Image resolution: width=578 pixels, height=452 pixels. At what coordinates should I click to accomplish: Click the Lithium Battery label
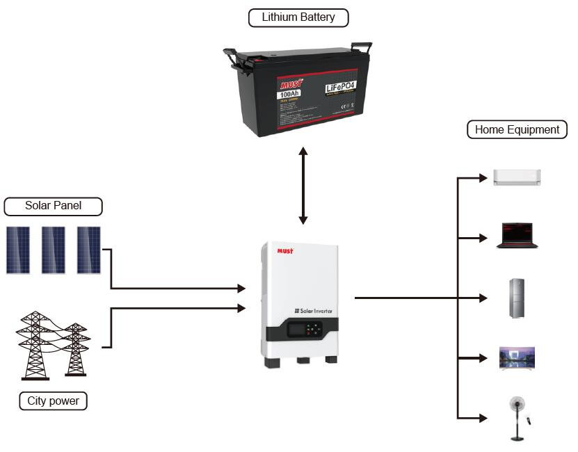pos(298,17)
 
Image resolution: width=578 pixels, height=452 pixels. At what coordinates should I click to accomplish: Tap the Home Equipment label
pos(517,129)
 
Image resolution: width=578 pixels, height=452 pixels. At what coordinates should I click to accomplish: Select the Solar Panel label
pos(53,206)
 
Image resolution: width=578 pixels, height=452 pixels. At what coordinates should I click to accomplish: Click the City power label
pos(53,401)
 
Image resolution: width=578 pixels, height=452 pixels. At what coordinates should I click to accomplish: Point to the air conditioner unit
pos(517,177)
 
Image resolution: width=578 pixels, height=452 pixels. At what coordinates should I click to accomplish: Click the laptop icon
pos(516,236)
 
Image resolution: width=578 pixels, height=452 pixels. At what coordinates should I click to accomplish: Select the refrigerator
pos(516,298)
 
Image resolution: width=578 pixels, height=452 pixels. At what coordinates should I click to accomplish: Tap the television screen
pos(517,357)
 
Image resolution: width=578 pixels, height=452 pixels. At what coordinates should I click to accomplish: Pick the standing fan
pos(516,417)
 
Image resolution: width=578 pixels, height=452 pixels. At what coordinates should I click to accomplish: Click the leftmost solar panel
pos(19,250)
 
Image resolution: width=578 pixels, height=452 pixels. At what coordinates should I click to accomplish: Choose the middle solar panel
pos(54,250)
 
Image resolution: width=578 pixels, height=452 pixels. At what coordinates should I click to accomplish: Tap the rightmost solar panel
pos(88,250)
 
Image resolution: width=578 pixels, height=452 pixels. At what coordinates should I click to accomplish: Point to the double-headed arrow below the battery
pos(303,185)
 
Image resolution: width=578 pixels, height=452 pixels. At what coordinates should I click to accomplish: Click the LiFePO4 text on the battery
pos(340,88)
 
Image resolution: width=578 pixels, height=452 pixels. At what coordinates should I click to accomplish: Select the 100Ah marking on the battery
pos(289,94)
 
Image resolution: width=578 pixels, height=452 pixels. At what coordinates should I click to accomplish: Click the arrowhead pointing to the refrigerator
pos(484,298)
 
